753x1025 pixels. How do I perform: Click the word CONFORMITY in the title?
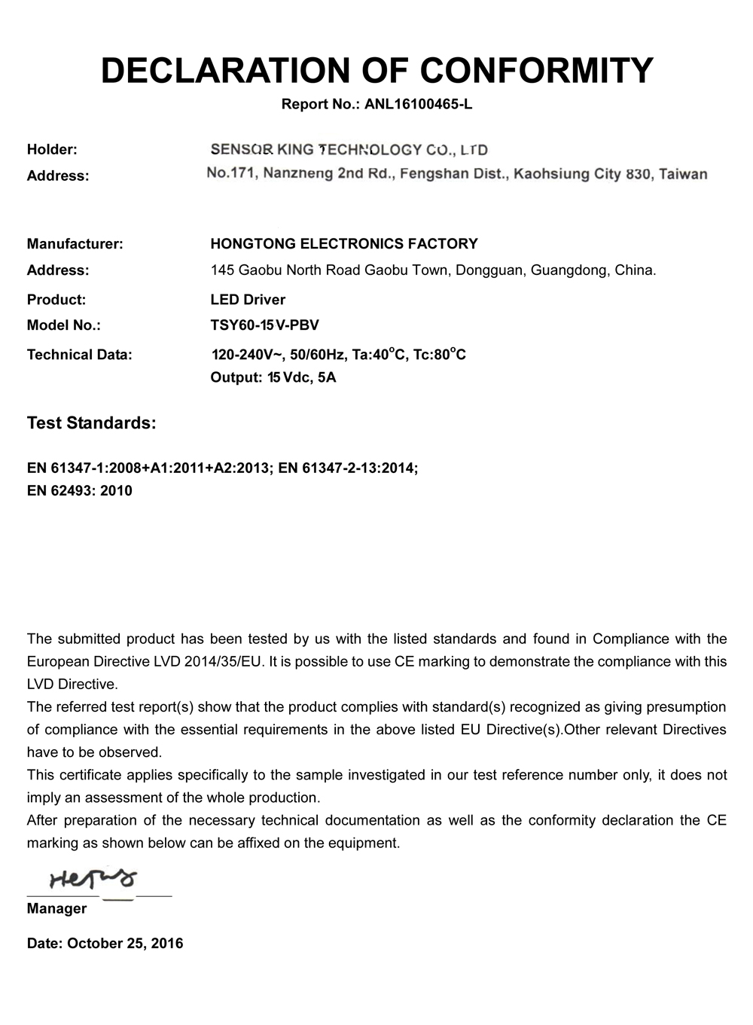[536, 70]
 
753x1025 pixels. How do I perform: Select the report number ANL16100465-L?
[418, 104]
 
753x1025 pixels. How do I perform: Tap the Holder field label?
[52, 149]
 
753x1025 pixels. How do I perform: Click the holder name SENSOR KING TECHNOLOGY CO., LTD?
[349, 149]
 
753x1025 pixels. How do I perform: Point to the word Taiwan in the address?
[682, 175]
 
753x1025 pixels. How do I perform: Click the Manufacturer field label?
[75, 243]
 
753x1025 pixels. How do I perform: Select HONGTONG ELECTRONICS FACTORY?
[344, 243]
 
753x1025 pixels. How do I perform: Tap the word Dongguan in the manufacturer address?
[489, 270]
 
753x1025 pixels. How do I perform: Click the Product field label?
[56, 299]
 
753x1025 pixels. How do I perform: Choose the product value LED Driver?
[248, 299]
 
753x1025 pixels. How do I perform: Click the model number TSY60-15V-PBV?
[264, 325]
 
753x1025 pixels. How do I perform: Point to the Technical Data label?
[79, 354]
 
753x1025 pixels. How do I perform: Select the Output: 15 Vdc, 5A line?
[273, 377]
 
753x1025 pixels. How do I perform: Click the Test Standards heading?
[91, 423]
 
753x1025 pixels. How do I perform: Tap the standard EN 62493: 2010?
[79, 490]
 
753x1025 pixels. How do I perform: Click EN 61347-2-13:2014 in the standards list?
[347, 468]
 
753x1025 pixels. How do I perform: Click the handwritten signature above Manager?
[93, 878]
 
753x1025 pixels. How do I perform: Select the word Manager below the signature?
[56, 908]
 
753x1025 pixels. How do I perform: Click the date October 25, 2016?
[125, 943]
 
